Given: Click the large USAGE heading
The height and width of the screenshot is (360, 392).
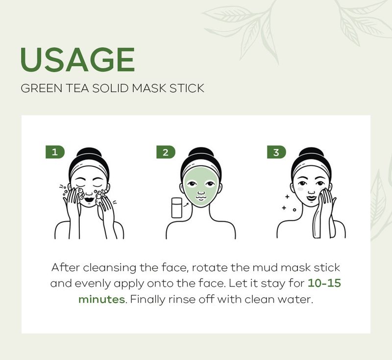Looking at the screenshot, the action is (78, 59).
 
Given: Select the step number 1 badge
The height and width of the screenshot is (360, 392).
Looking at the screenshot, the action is (55, 152).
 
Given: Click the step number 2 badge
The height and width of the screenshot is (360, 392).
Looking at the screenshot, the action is (166, 152).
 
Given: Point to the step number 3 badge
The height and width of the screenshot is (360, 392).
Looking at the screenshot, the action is (276, 152).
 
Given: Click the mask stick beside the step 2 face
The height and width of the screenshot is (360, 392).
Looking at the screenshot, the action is (177, 207).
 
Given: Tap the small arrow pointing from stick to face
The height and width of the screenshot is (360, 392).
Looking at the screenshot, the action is (186, 205).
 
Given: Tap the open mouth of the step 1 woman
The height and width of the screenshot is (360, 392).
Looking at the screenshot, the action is (89, 200).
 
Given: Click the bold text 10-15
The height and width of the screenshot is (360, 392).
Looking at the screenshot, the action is (324, 283).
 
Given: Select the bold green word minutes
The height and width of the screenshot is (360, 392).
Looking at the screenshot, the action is (101, 299).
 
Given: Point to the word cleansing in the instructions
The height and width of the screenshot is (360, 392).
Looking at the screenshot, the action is (109, 268).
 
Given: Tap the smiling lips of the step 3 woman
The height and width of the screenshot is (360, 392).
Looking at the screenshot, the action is (311, 198).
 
